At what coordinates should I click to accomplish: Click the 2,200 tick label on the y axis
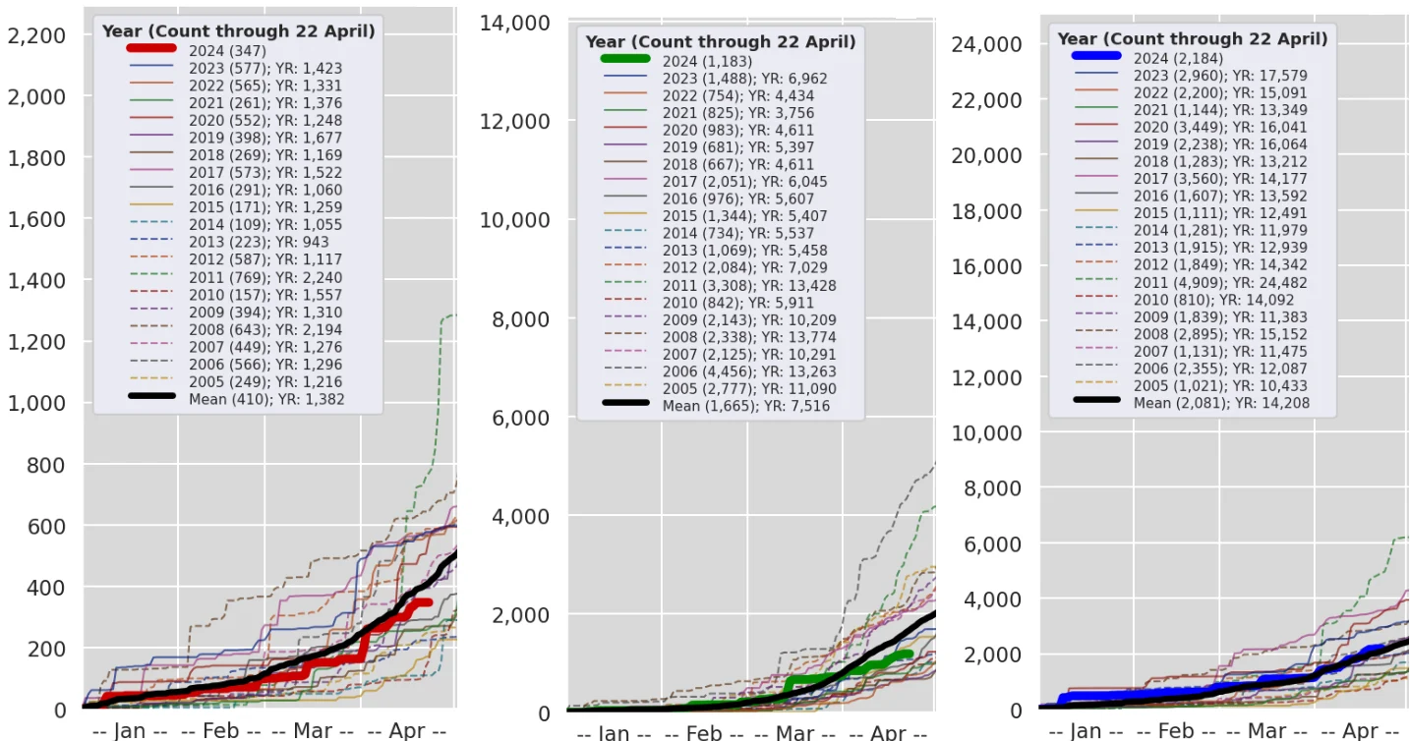36,36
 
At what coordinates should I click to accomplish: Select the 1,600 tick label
36,219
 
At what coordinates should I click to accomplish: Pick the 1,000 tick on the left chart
36,404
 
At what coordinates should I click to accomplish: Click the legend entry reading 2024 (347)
227,50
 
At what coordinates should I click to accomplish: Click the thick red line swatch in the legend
151,49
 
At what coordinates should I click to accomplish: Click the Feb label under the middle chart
704,733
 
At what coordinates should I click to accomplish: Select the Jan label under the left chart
130,730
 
